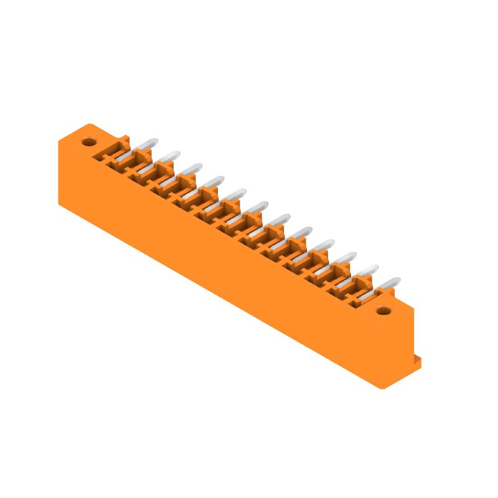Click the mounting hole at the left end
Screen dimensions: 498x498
pyautogui.click(x=89, y=142)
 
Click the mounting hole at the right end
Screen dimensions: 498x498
pyautogui.click(x=384, y=311)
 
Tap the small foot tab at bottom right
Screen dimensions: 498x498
pyautogui.click(x=418, y=362)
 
